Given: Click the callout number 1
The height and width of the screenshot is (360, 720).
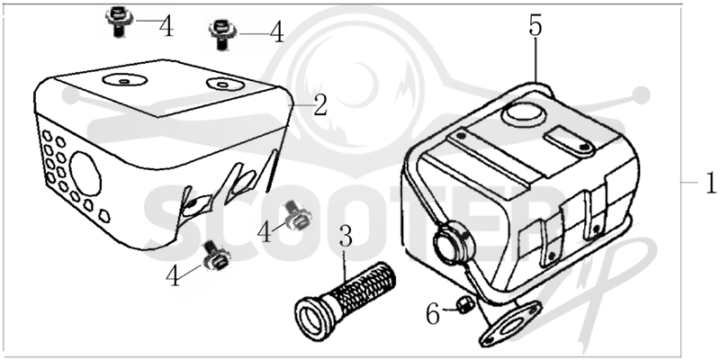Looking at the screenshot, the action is pyautogui.click(x=711, y=183).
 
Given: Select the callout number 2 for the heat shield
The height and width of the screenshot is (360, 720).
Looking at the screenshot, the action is pyautogui.click(x=320, y=105).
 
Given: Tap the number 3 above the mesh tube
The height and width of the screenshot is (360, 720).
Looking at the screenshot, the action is pyautogui.click(x=346, y=236).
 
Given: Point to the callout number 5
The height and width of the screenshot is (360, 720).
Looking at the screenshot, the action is pyautogui.click(x=535, y=26).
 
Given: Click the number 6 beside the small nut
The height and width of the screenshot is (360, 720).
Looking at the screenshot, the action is pyautogui.click(x=433, y=315).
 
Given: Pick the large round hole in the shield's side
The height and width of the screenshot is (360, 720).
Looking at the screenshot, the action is pyautogui.click(x=85, y=175).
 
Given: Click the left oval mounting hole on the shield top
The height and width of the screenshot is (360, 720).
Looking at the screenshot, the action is pyautogui.click(x=124, y=80).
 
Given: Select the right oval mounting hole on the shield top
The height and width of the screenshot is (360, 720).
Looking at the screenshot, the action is pyautogui.click(x=223, y=84).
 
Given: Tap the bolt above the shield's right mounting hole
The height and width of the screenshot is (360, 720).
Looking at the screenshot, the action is pyautogui.click(x=222, y=34).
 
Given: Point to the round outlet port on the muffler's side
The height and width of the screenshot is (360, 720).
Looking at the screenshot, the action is pyautogui.click(x=454, y=241).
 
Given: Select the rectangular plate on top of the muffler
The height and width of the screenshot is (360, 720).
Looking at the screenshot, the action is pyautogui.click(x=568, y=139).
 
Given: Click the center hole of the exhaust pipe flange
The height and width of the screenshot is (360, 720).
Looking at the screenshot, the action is pyautogui.click(x=509, y=327).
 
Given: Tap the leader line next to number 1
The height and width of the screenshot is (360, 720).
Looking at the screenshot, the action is pyautogui.click(x=688, y=183).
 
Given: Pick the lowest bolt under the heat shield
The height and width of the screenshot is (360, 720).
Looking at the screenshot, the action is pyautogui.click(x=216, y=256).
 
